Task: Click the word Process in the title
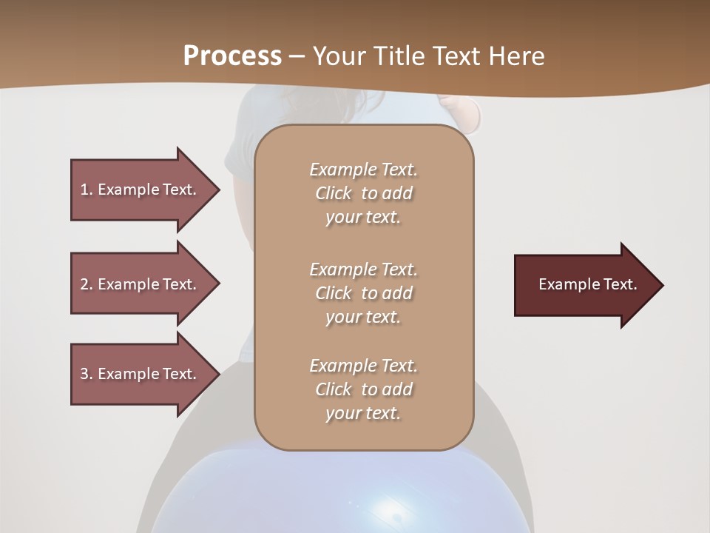point(232,56)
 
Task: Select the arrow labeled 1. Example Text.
point(141,190)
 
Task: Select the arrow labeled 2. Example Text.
point(141,284)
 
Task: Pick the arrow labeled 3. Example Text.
point(141,374)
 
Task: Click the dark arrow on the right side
point(584,285)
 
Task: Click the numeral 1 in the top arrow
point(84,190)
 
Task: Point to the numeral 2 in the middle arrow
point(84,284)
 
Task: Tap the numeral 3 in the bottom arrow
point(84,374)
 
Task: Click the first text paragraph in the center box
point(363,193)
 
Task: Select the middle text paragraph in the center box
point(363,293)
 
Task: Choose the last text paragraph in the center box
point(363,389)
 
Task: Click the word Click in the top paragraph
point(334,193)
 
